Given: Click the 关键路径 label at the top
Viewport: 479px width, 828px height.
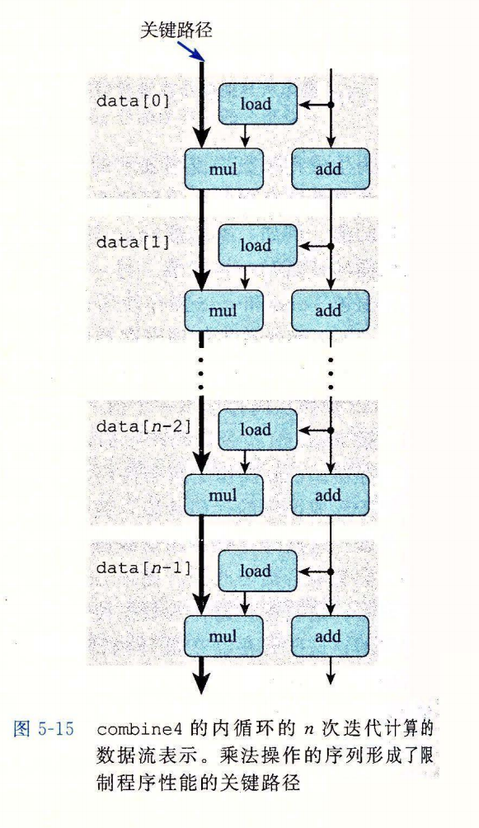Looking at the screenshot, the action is click(176, 29).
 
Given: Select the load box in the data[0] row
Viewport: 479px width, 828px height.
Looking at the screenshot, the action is click(258, 104).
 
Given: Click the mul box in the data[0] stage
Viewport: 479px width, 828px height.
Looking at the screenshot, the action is click(223, 169).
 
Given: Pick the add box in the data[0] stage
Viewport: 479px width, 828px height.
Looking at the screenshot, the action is click(330, 169).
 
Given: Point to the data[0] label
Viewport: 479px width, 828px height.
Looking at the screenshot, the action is click(133, 101).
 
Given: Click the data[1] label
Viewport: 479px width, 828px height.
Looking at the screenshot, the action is click(133, 242).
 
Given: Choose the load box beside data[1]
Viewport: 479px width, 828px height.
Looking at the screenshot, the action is click(258, 246).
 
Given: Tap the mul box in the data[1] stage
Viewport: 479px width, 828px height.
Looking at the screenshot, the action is click(223, 310).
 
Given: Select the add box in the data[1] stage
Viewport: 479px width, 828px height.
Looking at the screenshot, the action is click(330, 310).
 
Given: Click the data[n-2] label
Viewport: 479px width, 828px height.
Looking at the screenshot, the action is click(143, 426).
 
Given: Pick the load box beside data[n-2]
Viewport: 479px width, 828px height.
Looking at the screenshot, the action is click(258, 430).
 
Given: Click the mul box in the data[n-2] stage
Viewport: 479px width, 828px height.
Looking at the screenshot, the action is click(223, 495).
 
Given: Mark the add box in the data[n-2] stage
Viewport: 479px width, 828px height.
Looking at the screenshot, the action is click(330, 495).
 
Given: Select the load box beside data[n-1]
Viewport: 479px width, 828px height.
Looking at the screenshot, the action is click(258, 571).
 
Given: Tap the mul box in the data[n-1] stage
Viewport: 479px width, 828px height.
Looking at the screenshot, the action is click(223, 637).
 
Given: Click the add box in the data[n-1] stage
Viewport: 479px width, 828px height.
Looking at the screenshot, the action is click(330, 637).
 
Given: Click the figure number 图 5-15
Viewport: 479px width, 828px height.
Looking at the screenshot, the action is click(44, 729).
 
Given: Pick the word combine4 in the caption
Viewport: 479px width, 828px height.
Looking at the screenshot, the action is click(139, 730).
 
